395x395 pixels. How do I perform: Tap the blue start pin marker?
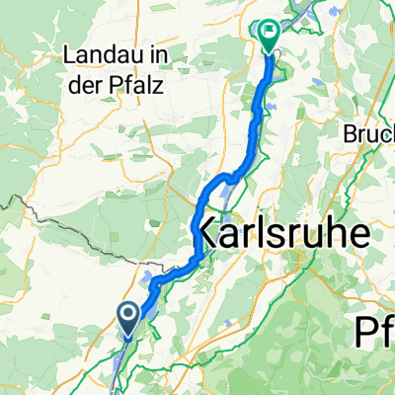129,316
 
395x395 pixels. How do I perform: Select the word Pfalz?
137,86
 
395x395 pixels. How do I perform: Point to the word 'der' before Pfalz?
90,86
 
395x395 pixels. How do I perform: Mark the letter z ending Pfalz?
158,86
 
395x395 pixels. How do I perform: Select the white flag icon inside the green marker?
269,33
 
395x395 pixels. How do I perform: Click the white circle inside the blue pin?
129,314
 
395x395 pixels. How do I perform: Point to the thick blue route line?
259,109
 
